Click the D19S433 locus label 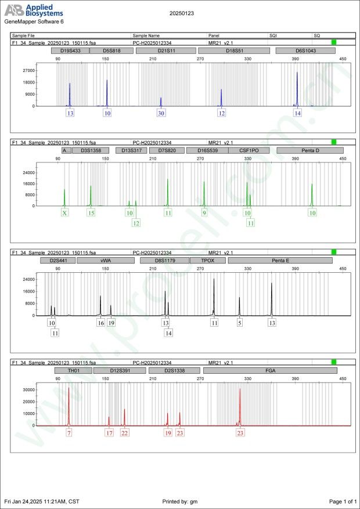pyautogui.click(x=70, y=51)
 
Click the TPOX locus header pyautogui.click(x=207, y=261)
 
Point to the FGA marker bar pyautogui.click(x=270, y=370)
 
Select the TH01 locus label pyautogui.click(x=73, y=370)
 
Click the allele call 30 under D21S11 pyautogui.click(x=161, y=114)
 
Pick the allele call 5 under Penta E pyautogui.click(x=239, y=323)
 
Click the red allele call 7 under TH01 pyautogui.click(x=69, y=433)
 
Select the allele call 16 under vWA pyautogui.click(x=100, y=323)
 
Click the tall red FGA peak pyautogui.click(x=240, y=406)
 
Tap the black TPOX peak pyautogui.click(x=214, y=296)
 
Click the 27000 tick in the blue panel pyautogui.click(x=27, y=70)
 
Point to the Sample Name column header pyautogui.click(x=146, y=35)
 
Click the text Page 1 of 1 pyautogui.click(x=342, y=501)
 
